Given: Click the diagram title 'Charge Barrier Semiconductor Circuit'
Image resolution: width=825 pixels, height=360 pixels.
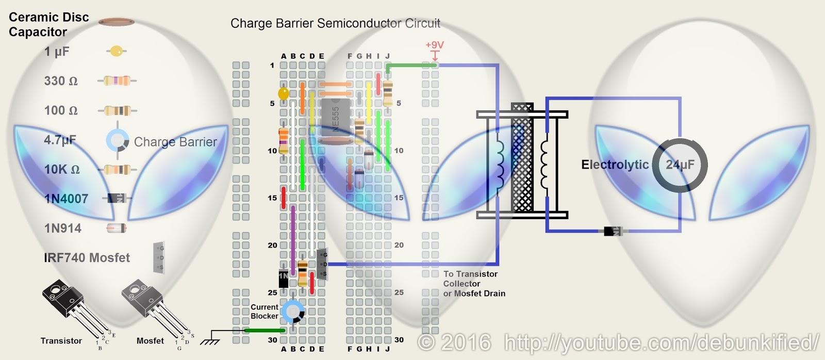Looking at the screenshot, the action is point(335,23).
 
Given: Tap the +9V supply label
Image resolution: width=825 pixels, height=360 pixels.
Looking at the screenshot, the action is point(434,45).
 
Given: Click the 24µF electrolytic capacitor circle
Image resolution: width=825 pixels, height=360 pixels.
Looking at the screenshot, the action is point(680,165).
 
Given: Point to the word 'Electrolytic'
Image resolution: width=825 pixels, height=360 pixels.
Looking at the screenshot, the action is point(615,165).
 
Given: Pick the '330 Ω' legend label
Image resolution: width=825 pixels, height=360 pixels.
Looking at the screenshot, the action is point(61,81).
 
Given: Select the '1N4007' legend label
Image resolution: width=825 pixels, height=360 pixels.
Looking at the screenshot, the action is point(66,199).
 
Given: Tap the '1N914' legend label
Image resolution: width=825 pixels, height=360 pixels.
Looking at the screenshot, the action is point(63,228).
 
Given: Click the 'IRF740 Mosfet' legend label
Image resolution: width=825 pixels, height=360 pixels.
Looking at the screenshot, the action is point(87,258).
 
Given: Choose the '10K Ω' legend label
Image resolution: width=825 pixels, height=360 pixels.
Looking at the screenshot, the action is point(62,169).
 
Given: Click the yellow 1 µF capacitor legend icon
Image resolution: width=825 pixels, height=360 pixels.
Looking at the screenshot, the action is point(117,52).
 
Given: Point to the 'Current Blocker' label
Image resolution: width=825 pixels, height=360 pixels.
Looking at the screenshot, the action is point(265,312).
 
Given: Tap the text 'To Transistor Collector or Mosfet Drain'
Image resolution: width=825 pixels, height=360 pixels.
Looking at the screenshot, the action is point(474,284).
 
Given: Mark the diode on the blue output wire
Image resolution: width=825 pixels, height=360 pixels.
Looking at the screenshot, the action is point(613,231).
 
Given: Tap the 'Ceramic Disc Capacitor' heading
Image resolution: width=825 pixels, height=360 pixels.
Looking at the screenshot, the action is point(48,24).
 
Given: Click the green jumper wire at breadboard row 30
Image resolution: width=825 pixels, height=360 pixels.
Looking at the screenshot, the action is point(264,330).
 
